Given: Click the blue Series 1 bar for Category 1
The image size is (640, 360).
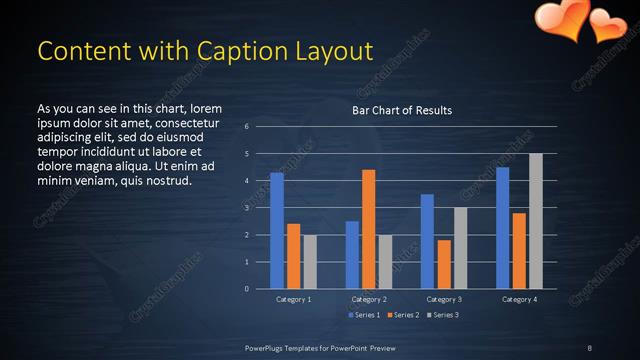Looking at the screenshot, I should (x=277, y=231).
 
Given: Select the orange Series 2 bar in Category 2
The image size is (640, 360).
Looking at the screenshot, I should (x=368, y=229).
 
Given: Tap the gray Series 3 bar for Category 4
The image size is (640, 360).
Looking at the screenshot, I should (x=536, y=221).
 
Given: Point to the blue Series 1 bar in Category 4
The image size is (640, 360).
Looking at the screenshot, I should (x=502, y=228).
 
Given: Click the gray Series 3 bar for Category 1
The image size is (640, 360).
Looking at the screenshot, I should (x=310, y=262).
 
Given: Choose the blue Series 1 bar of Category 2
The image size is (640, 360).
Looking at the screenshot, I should (x=352, y=255).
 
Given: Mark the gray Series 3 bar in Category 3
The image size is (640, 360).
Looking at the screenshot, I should (x=460, y=248).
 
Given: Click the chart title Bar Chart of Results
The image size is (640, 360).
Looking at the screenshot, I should (x=402, y=110).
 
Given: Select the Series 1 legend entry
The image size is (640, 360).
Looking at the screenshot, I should (x=364, y=315).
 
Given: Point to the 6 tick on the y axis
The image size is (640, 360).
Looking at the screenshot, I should (x=246, y=127).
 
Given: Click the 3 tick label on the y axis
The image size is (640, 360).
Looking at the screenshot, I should (x=246, y=208).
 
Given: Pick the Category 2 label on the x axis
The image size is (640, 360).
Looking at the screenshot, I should (x=368, y=299).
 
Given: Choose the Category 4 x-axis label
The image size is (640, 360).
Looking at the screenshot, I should (x=518, y=299).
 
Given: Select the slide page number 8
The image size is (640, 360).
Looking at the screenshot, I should (x=589, y=347).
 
